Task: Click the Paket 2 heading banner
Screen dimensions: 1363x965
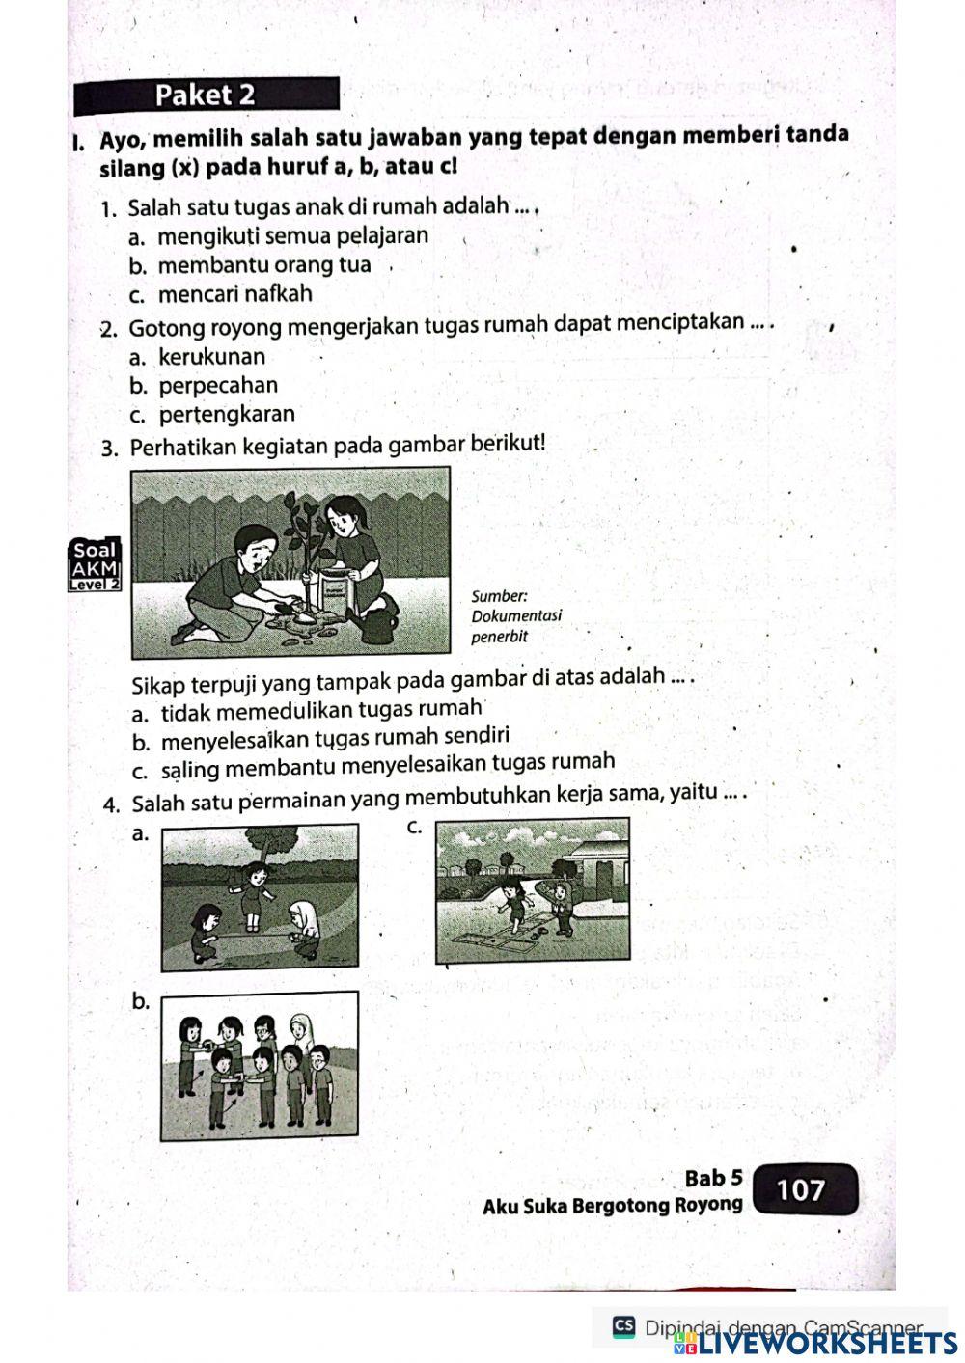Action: pyautogui.click(x=206, y=95)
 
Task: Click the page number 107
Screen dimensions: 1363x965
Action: pyautogui.click(x=801, y=1190)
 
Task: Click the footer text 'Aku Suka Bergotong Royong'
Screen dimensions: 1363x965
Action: pyautogui.click(x=613, y=1206)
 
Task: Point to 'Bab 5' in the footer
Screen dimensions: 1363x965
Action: pyautogui.click(x=713, y=1179)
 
